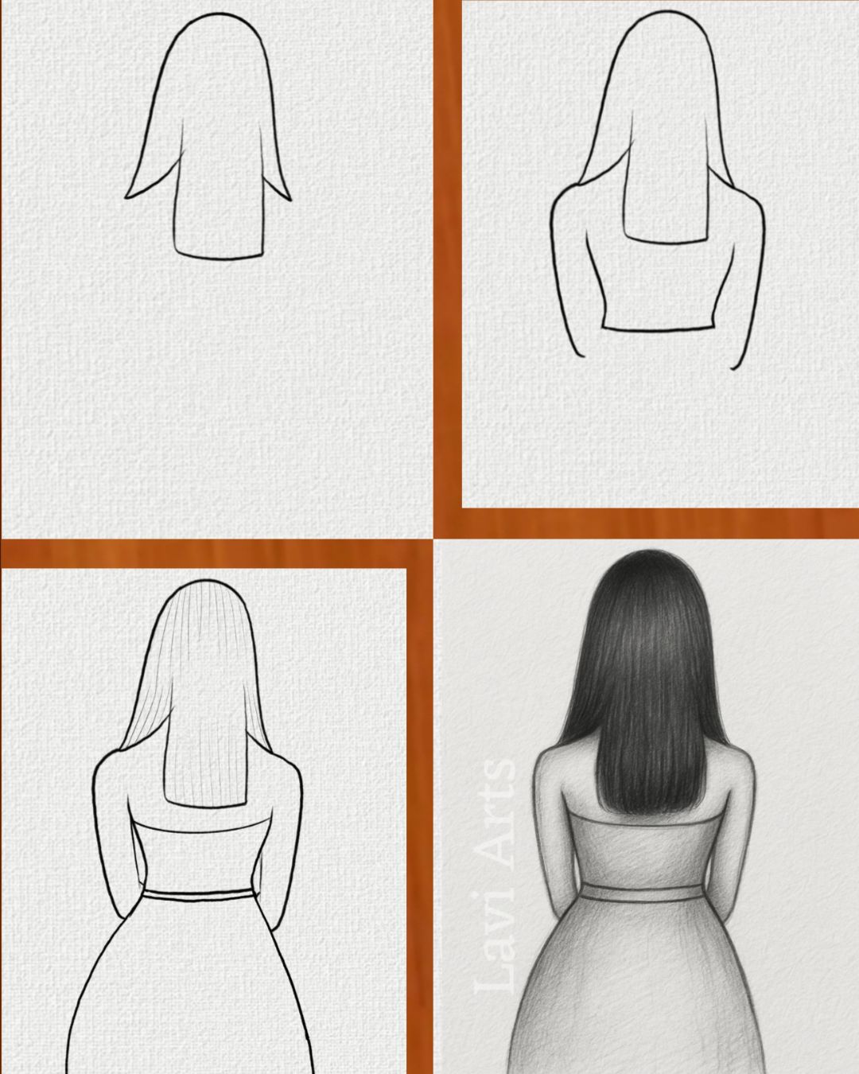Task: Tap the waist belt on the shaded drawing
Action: [640, 893]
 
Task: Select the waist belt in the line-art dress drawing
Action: [199, 895]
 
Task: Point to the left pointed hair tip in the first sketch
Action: [126, 197]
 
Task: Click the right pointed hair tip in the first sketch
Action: [290, 200]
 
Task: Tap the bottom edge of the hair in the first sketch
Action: [219, 256]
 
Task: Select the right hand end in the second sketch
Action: [733, 368]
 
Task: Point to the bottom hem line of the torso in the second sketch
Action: [658, 329]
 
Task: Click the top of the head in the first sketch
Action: [219, 14]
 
